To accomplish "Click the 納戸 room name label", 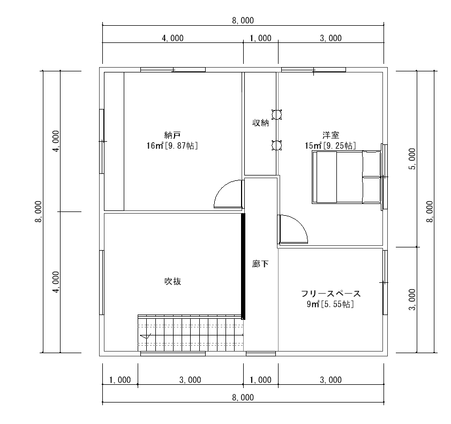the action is tap(172, 135).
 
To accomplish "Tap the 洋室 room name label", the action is tap(331, 135).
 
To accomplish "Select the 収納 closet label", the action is tap(261, 123).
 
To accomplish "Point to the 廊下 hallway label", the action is tap(261, 264).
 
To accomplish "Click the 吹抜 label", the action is tap(172, 281).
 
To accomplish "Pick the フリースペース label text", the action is tap(331, 294).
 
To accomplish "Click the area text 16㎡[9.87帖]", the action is tap(172, 145).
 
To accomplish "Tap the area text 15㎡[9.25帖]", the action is tap(330, 145).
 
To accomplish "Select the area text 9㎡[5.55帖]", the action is tap(330, 304).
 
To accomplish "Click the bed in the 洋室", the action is tap(347, 177).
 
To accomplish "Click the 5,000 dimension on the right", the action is tap(412, 159).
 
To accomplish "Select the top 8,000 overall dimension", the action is tap(243, 20).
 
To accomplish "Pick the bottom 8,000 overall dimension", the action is tap(243, 398).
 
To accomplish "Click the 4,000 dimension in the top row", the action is tap(172, 38).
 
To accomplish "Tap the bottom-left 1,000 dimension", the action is tap(120, 380).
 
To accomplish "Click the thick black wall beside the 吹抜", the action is tap(243, 266).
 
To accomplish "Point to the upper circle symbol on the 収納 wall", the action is tap(277, 114).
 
